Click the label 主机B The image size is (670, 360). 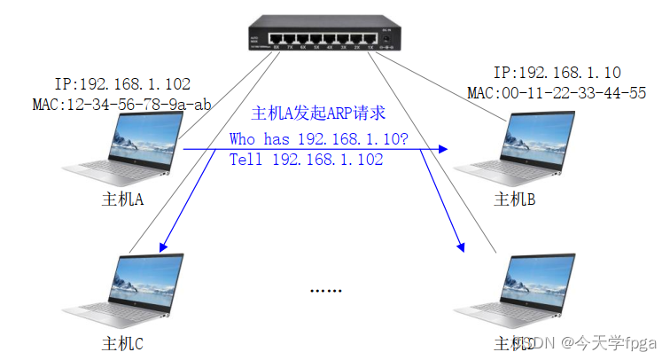513,199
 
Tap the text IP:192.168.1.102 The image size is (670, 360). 122,84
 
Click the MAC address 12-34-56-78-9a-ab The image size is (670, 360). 122,105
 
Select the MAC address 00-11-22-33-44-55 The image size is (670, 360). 557,92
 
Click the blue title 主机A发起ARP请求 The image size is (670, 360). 318,113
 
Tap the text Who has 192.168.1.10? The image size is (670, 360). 318,139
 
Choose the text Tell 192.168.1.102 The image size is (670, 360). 306,160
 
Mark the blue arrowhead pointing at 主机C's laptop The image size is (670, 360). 162,245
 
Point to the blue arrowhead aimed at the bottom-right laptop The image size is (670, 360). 460,245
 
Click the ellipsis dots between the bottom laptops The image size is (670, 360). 325,291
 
